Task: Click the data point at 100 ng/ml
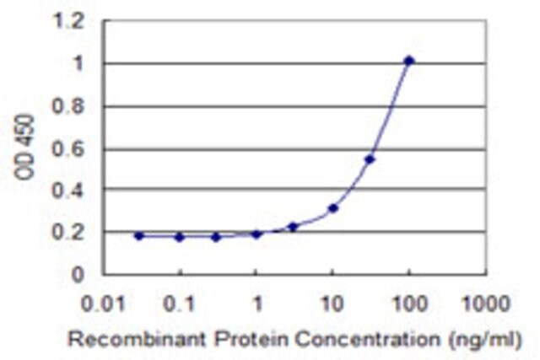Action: tap(408, 62)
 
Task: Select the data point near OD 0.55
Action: tap(370, 159)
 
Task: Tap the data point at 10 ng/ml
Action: tap(333, 208)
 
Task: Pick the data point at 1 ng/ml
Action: tap(256, 234)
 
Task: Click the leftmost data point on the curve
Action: tap(139, 236)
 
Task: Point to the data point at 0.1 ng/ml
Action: tap(180, 237)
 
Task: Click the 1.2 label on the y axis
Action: tap(67, 22)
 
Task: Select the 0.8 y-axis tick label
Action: tap(67, 106)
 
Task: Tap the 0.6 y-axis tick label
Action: tap(67, 150)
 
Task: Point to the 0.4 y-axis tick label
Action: tap(67, 191)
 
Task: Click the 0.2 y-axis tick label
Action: tap(67, 233)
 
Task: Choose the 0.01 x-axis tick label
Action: tap(103, 304)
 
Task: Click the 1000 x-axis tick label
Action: tap(486, 304)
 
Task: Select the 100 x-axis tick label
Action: tap(410, 304)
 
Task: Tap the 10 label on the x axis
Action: tap(332, 304)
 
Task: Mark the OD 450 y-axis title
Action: tap(24, 148)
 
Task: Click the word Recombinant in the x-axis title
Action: tap(137, 340)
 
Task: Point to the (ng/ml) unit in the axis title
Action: tap(485, 340)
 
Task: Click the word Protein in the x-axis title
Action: tap(251, 340)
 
